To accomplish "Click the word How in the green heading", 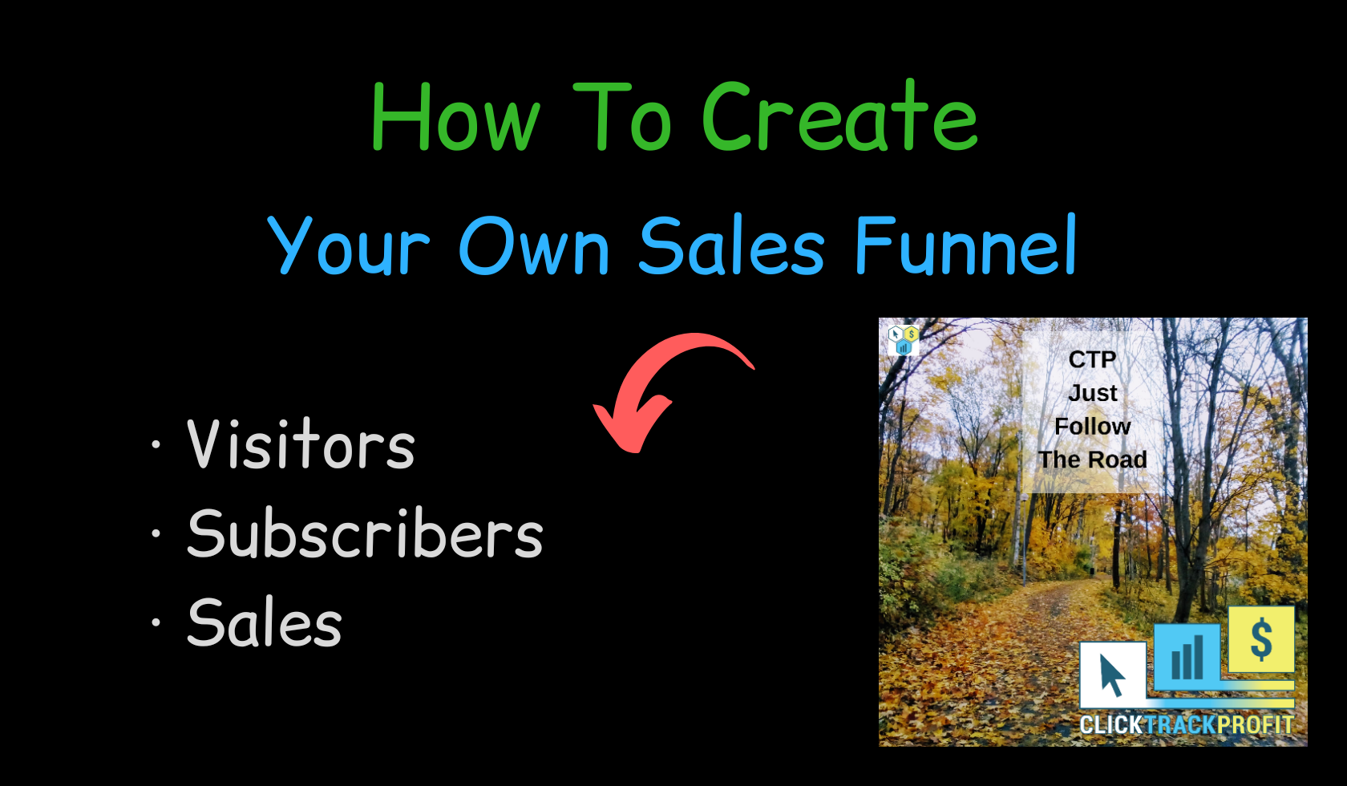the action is [x=455, y=116].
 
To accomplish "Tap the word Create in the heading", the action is [x=839, y=115].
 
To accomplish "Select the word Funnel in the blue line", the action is [x=965, y=244].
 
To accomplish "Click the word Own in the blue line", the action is [x=534, y=245].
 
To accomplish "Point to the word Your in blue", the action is [x=349, y=245].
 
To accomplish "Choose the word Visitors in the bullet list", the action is [x=301, y=443].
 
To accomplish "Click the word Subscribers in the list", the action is [x=365, y=533].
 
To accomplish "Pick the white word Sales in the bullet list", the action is [x=265, y=622].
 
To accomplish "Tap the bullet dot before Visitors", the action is [x=156, y=444].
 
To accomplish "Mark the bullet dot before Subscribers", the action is [x=156, y=533].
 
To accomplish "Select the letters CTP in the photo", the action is [x=1092, y=359].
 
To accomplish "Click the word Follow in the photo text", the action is [x=1093, y=427].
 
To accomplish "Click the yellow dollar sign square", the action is [x=1261, y=638].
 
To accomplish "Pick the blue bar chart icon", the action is [x=1187, y=655].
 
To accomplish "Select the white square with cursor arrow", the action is [x=1113, y=675].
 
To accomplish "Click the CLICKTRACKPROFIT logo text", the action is [x=1186, y=725].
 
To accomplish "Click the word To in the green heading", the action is [x=622, y=116].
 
